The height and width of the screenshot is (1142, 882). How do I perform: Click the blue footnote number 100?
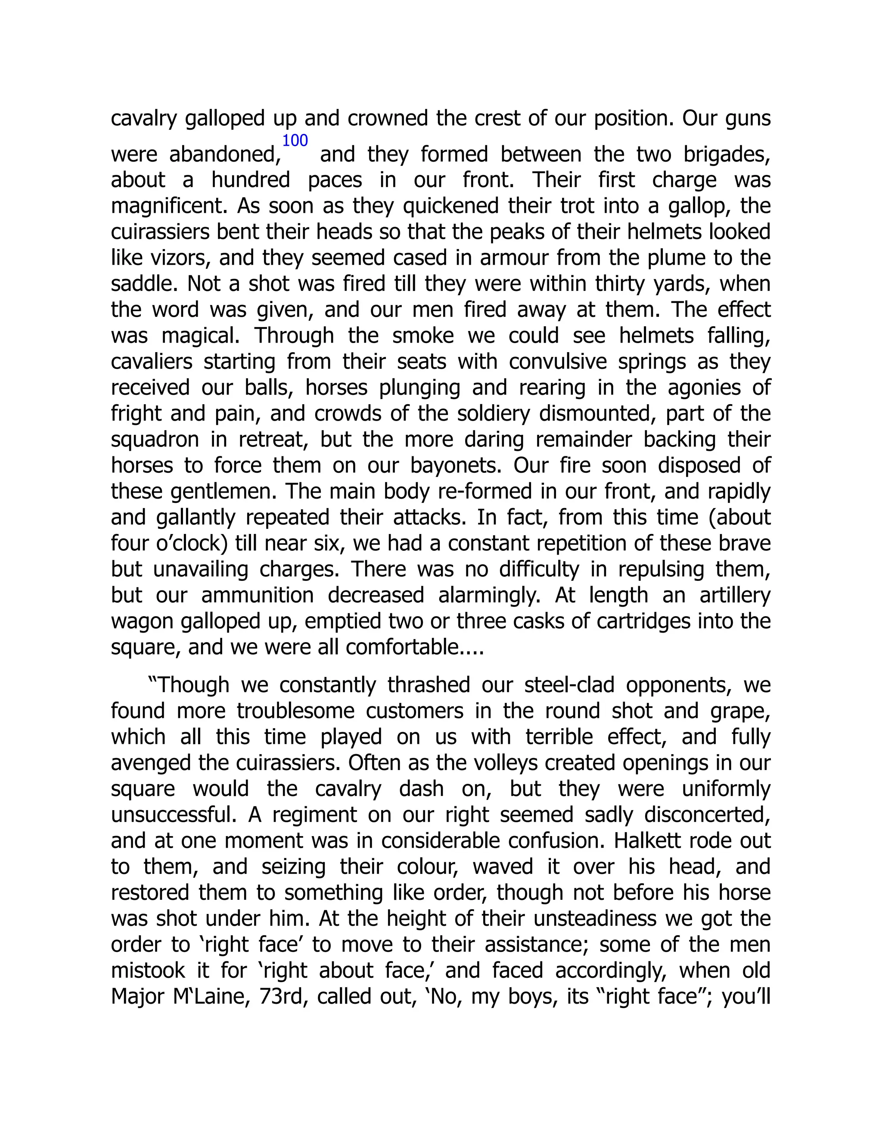(295, 140)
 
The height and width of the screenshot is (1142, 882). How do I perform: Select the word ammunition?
(257, 596)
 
